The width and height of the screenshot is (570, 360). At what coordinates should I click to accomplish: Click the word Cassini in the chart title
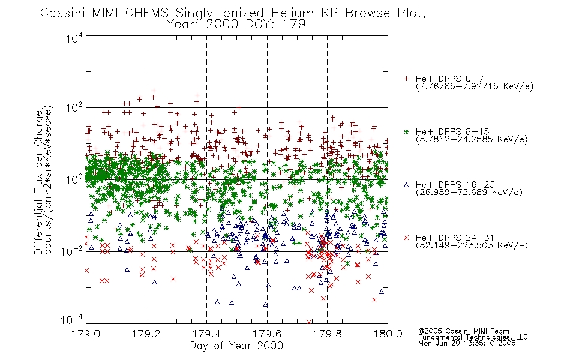coord(62,13)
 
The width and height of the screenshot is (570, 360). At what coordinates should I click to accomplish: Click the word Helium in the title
coord(293,13)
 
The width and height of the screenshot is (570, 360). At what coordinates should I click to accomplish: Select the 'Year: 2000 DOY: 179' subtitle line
coord(236,25)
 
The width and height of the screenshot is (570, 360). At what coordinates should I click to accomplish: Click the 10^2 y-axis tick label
coord(74,107)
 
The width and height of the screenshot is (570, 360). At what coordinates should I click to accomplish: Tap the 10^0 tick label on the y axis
coord(74,179)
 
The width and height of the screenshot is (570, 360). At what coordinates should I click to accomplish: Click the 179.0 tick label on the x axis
coord(86,334)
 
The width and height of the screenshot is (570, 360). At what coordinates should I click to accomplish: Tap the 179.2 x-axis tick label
coord(146,334)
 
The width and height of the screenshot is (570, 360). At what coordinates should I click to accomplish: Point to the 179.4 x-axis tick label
coord(206,334)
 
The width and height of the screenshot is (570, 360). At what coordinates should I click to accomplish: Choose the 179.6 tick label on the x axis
coord(267,334)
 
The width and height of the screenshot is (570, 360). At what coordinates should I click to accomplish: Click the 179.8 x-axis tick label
coord(327,334)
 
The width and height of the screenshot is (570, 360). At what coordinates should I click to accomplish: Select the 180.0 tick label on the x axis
coord(388,334)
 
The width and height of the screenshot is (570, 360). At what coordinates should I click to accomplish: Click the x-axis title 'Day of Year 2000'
coord(236,346)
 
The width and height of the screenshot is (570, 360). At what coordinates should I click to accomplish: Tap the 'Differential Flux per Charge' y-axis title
coord(38,182)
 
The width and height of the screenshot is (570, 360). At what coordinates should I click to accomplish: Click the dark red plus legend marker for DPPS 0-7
coord(406,79)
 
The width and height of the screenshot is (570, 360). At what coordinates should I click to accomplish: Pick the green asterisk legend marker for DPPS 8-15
coord(406,131)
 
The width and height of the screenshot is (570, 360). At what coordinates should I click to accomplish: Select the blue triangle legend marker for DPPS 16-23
coord(406,185)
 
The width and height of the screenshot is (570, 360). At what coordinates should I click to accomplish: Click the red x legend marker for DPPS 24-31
coord(406,238)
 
